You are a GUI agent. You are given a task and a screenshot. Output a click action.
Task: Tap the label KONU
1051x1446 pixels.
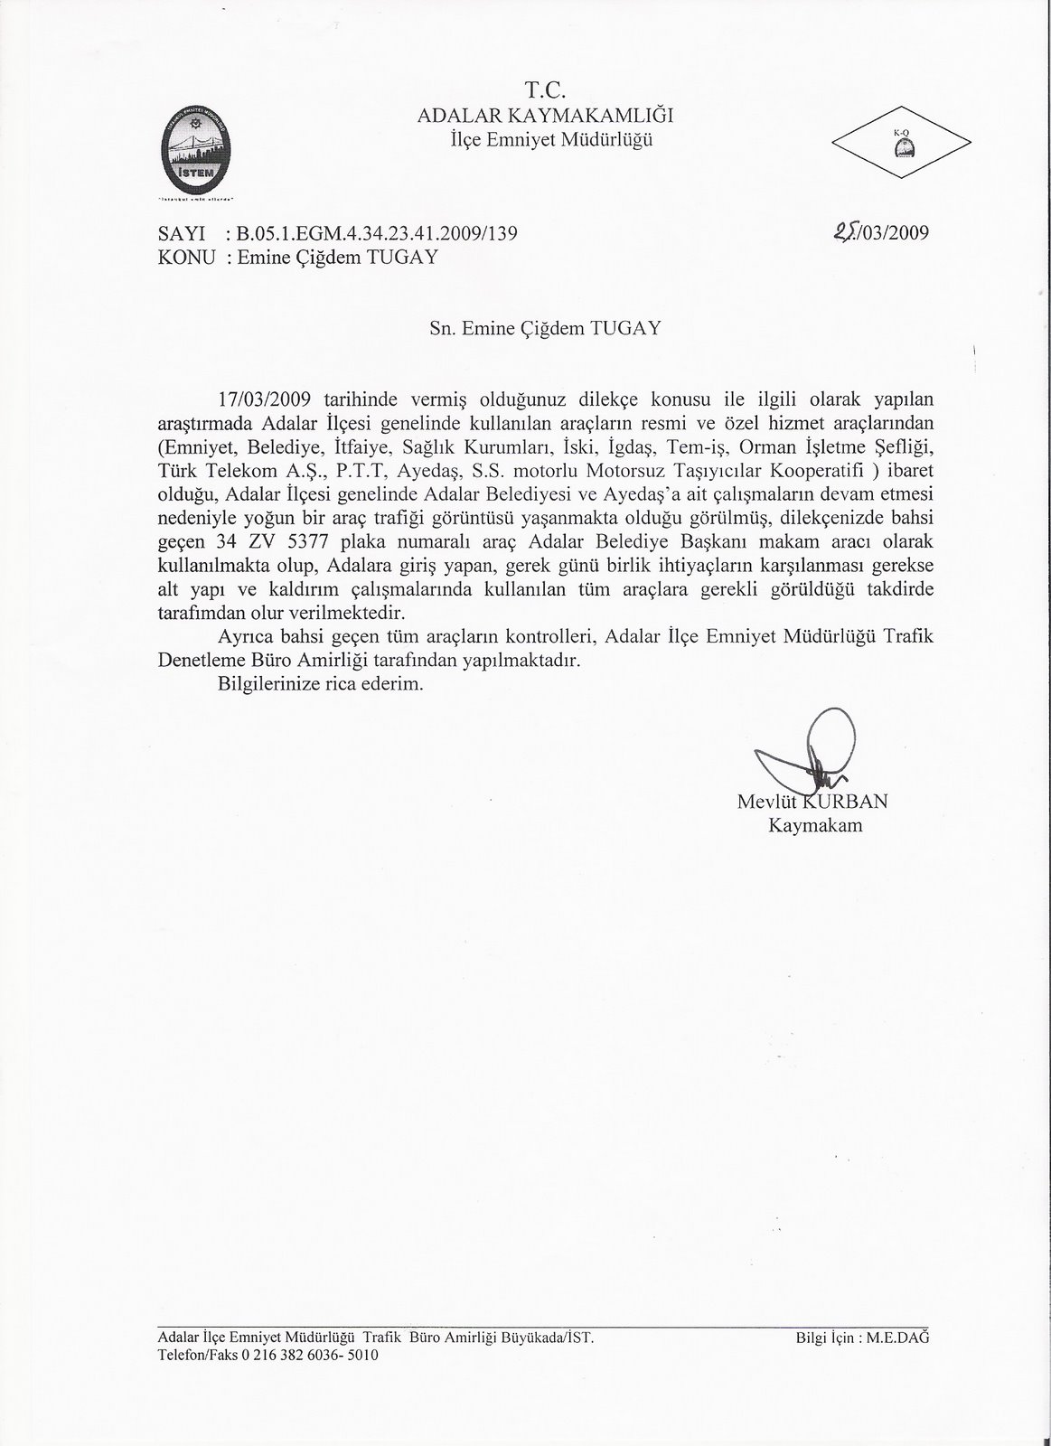(186, 257)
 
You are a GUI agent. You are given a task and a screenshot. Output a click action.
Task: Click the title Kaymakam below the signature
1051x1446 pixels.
(814, 825)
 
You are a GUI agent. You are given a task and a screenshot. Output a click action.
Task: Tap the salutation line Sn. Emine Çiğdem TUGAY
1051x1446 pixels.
(544, 329)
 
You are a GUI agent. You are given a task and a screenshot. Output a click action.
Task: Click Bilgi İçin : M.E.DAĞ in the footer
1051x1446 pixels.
(862, 1339)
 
